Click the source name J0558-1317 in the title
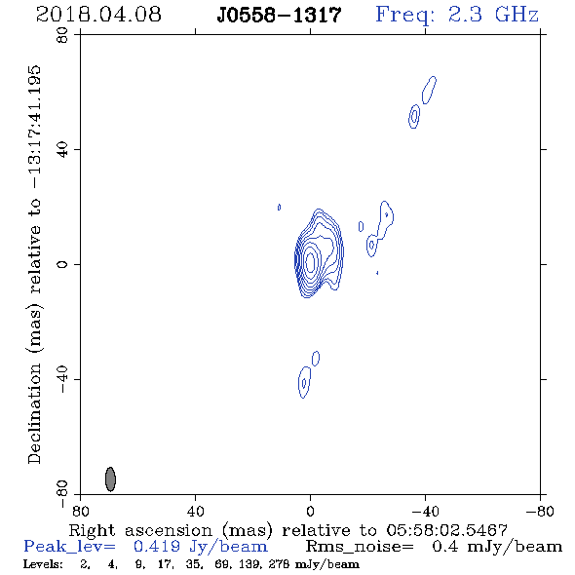pyautogui.click(x=279, y=16)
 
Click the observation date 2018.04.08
pyautogui.click(x=98, y=15)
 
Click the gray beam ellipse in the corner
pyautogui.click(x=110, y=479)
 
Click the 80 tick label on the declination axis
pyautogui.click(x=62, y=35)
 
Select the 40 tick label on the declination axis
pyautogui.click(x=62, y=150)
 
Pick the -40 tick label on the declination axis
pyautogui.click(x=62, y=379)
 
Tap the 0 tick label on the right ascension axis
pyautogui.click(x=310, y=512)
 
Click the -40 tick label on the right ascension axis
pyautogui.click(x=425, y=512)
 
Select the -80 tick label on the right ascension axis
pyautogui.click(x=540, y=512)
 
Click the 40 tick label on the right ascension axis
pyautogui.click(x=196, y=512)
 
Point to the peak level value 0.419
pyautogui.click(x=157, y=547)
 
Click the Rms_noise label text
pyautogui.click(x=360, y=547)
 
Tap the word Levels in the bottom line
pyautogui.click(x=43, y=564)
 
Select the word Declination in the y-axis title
pyautogui.click(x=34, y=413)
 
